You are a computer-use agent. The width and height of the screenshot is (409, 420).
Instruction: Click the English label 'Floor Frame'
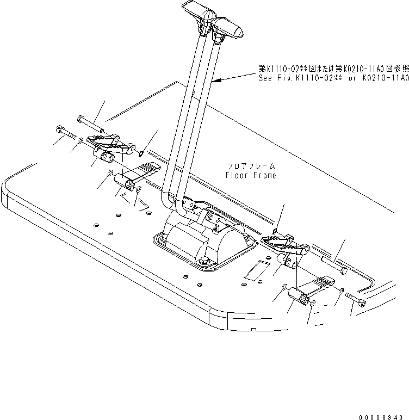(251, 175)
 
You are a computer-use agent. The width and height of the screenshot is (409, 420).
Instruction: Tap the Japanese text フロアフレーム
(251, 165)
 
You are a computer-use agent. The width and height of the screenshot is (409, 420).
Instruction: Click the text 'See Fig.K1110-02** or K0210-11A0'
(333, 78)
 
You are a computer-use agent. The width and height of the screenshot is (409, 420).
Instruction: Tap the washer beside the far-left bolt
(80, 141)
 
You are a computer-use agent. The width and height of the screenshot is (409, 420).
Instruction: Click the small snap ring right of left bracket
(141, 153)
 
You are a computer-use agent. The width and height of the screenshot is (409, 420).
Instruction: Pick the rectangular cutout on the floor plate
(255, 270)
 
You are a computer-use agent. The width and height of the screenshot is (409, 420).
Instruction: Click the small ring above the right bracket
(277, 231)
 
